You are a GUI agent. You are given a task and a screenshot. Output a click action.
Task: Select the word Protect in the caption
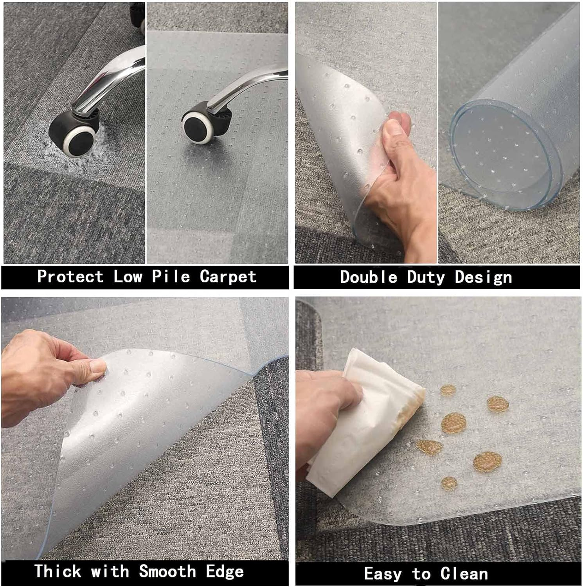70,276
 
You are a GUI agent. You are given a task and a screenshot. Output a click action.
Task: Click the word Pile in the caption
171,276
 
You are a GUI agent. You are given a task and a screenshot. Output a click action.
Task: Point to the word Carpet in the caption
228,276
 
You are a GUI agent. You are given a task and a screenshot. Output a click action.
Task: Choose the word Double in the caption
369,277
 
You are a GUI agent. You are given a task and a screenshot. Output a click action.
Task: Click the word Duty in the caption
426,277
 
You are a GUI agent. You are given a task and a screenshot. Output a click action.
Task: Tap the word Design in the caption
483,277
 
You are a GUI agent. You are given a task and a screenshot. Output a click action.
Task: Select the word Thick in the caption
58,571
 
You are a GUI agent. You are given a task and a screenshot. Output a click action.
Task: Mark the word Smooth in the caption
167,571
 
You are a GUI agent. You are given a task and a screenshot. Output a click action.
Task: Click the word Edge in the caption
225,571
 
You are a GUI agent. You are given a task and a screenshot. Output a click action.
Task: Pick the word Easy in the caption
383,574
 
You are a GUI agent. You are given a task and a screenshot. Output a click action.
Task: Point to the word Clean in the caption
464,574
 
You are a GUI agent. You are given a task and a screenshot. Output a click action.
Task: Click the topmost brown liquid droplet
448,390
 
